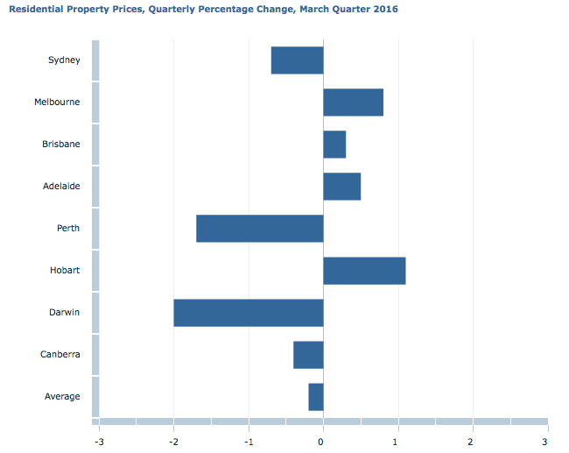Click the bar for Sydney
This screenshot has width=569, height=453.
tap(297, 60)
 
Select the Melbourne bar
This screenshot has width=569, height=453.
tap(353, 103)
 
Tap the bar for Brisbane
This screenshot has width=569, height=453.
tap(334, 145)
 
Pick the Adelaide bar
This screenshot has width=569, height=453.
tap(341, 187)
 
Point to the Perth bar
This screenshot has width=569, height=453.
tap(259, 229)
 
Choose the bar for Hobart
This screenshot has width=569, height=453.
tap(364, 271)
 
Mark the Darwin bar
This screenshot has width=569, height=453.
tap(248, 313)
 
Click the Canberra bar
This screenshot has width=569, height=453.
tap(308, 355)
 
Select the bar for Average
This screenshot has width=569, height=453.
tap(315, 397)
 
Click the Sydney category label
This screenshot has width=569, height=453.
tap(64, 60)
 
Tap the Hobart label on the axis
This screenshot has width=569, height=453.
tap(64, 271)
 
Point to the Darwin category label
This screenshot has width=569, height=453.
tap(64, 313)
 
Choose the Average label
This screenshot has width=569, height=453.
tap(62, 397)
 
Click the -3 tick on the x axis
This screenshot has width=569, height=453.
tap(98, 441)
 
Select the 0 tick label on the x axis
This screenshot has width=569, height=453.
tap(323, 441)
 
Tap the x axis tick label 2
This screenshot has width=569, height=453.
tap(472, 441)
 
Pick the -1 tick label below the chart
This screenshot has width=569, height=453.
tap(248, 441)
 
